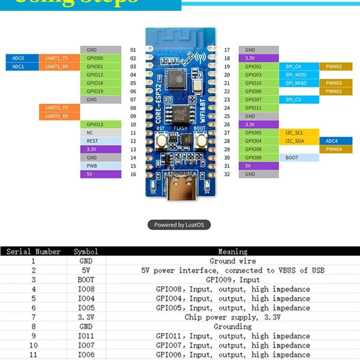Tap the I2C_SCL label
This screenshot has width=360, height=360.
click(294, 133)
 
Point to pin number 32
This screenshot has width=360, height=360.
click(227, 174)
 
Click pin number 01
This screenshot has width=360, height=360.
click(133, 50)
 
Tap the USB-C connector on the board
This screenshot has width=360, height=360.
click(180, 185)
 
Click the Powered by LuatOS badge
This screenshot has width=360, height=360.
click(179, 225)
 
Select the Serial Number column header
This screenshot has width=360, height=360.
click(33, 252)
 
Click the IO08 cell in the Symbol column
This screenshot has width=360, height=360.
click(86, 289)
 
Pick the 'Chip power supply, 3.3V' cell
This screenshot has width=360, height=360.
click(233, 317)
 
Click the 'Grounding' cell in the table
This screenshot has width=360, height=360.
click(233, 327)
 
